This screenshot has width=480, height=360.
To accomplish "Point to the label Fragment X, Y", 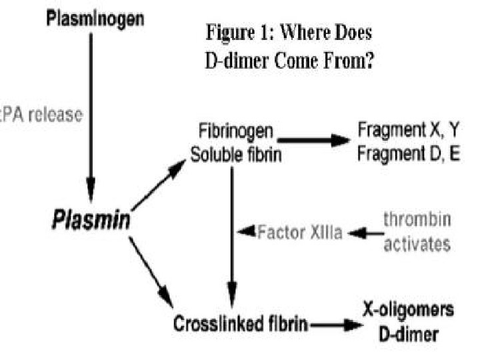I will [409, 129].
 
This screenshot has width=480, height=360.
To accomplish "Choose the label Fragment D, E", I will [409, 153].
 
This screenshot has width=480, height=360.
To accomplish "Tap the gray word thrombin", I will [416, 219].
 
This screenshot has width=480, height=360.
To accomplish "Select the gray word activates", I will [416, 243].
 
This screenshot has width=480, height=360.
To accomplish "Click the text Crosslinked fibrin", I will [241, 325].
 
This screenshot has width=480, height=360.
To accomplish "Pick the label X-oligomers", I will [409, 311].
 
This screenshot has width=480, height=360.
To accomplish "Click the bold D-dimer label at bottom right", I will [409, 334].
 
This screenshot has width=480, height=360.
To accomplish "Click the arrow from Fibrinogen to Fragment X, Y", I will [313, 140].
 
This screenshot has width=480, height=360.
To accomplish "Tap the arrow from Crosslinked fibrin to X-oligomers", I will [333, 325].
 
